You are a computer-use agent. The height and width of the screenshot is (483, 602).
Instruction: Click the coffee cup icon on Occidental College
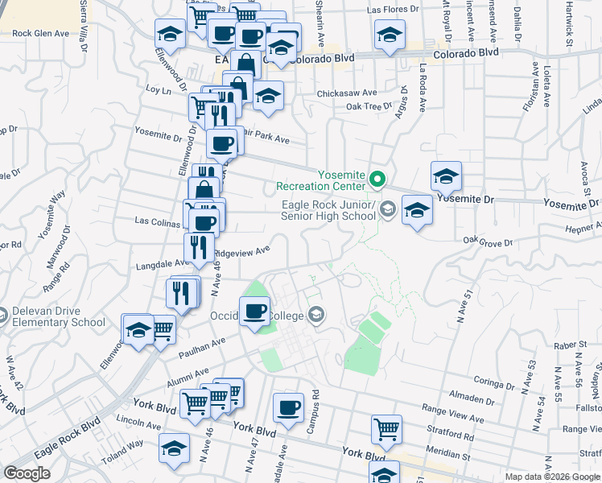point(256,311)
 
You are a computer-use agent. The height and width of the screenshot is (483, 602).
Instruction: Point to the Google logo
point(27,473)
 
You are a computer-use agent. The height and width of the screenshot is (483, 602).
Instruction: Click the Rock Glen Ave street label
point(43,34)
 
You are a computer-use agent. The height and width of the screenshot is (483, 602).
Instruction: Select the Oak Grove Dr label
point(488,242)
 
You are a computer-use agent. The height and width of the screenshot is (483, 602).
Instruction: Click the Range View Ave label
point(456,419)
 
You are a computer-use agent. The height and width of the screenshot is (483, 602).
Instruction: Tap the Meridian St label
point(447,455)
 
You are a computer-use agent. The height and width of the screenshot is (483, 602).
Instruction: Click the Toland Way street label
point(123,444)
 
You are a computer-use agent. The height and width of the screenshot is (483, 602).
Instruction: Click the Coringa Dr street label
point(494,380)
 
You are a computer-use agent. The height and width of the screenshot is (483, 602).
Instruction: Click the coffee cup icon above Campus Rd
point(288,407)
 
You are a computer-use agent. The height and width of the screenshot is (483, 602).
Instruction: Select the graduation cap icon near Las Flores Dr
point(390,35)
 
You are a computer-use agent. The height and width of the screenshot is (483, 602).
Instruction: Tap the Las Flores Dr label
point(393,10)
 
